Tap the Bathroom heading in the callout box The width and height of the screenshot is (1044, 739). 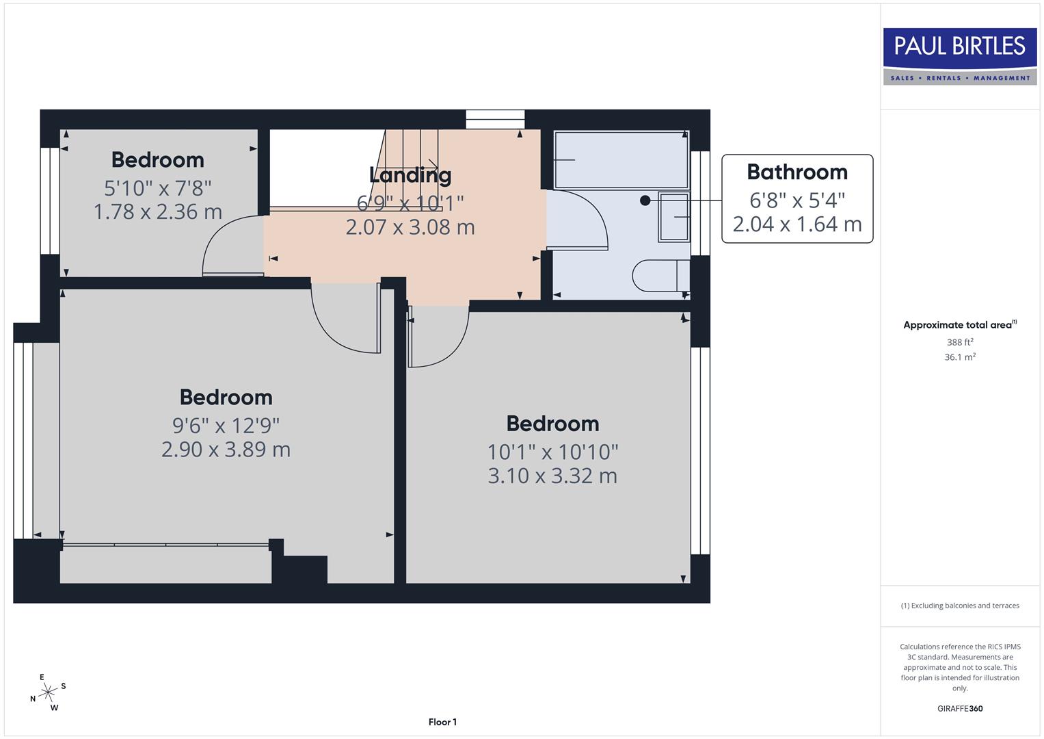[797, 172]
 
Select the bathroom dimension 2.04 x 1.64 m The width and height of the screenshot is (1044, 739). [797, 224]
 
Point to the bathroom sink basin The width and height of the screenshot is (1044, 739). [674, 217]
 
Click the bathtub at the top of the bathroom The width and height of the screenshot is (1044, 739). [621, 160]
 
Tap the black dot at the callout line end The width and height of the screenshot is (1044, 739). [645, 200]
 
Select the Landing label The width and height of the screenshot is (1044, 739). [410, 175]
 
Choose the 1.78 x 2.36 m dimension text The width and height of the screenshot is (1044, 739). [158, 211]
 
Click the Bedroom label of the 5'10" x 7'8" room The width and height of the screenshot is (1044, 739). [158, 159]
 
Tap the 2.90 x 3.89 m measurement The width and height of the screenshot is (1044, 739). [226, 450]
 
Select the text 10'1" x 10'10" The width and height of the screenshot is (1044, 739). [552, 452]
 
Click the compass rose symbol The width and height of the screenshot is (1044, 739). [47, 693]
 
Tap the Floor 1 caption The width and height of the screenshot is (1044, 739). [442, 722]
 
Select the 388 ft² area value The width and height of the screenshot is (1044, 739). [959, 342]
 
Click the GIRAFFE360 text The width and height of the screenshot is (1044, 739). [959, 708]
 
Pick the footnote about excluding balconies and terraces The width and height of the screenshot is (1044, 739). [959, 606]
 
